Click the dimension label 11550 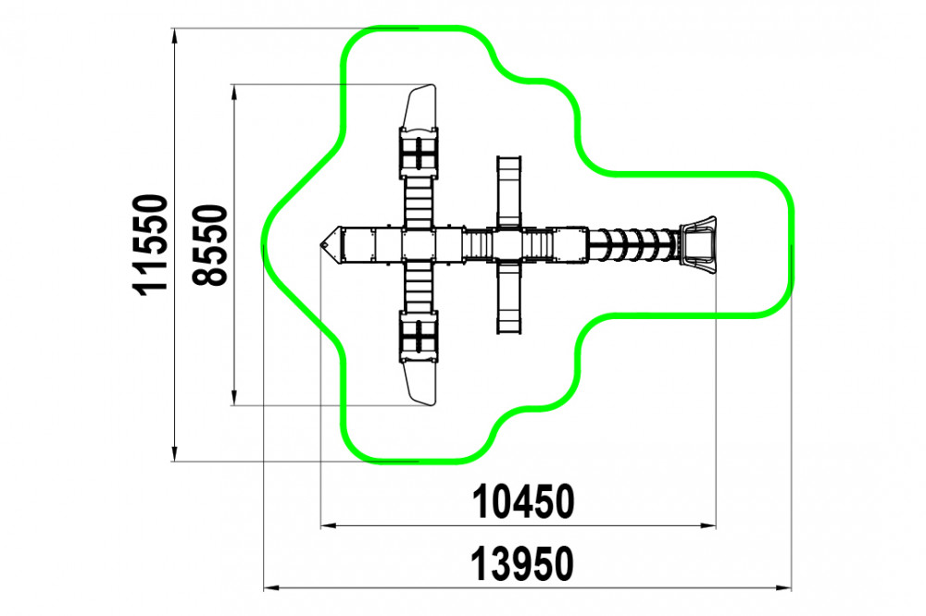(x=150, y=245)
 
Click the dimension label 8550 (x=209, y=245)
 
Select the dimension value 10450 (x=522, y=502)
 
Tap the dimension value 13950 (x=522, y=563)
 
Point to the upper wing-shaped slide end (x=419, y=107)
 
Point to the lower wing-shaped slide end (x=419, y=383)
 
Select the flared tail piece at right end (x=698, y=244)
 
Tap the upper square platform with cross (x=419, y=153)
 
